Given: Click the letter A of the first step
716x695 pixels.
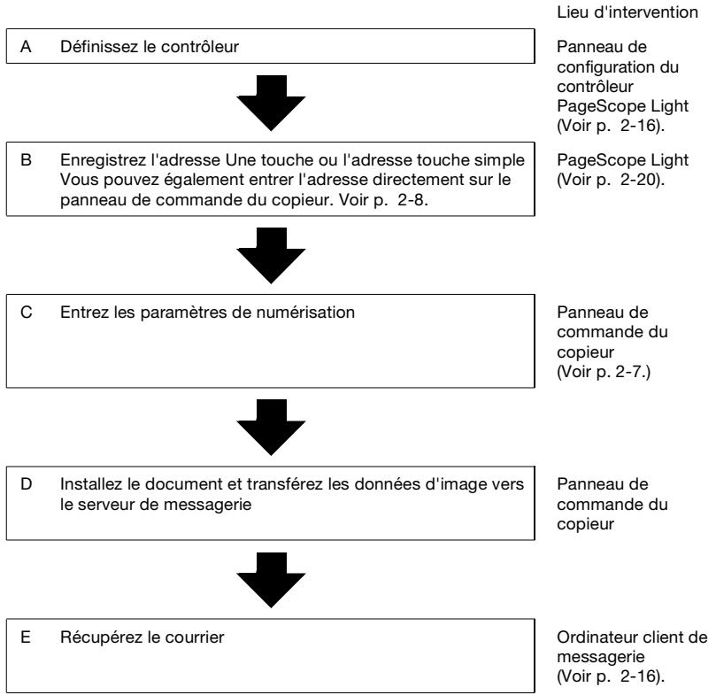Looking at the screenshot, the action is tap(26, 47).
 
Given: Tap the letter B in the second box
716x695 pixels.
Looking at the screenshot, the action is tap(26, 160).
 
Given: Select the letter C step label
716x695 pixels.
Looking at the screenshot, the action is tap(27, 313).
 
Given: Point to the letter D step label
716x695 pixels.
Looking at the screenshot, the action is tap(27, 484).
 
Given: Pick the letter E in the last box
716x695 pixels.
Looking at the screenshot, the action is tap(26, 637).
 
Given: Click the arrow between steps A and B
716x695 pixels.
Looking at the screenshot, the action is tap(271, 104).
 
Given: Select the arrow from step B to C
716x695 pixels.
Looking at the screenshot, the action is tap(271, 256).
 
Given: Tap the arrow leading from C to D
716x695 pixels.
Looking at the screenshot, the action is tap(271, 428).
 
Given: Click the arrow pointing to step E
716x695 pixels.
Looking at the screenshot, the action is tap(271, 580).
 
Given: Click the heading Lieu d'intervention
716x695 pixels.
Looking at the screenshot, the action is tap(627, 12).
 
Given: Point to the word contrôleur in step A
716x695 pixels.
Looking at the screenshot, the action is tap(200, 47).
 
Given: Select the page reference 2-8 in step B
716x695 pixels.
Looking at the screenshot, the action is tap(412, 200).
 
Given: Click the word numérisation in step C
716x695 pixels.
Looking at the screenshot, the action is tap(305, 313).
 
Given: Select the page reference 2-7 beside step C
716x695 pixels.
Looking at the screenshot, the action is tap(629, 372).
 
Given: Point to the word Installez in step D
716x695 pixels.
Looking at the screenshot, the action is tap(91, 484).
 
